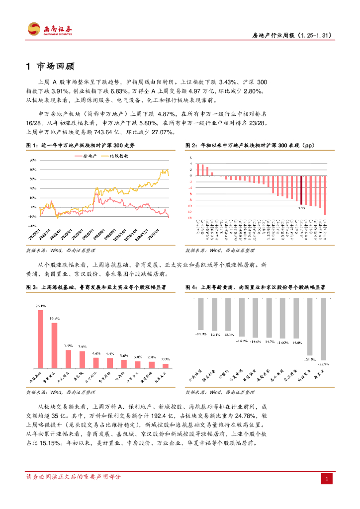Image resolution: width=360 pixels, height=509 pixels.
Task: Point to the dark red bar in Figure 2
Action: [301, 189]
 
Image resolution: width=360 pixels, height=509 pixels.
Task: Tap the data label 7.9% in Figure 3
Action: [69, 345]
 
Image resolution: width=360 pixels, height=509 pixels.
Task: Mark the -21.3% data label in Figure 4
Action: [310, 358]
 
